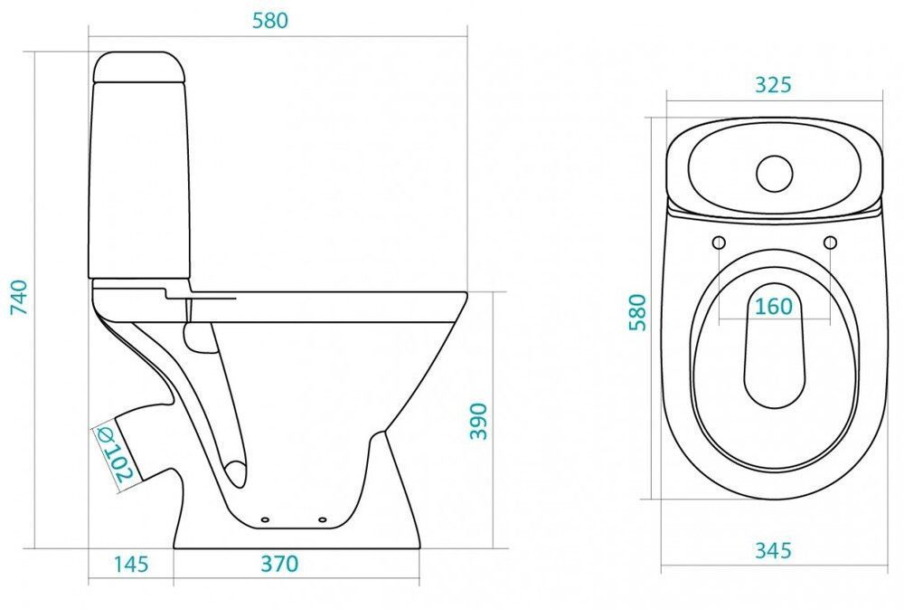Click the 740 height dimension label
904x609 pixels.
(19, 297)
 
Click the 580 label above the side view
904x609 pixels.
(269, 21)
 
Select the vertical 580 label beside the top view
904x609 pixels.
(637, 312)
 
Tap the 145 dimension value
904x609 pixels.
(131, 564)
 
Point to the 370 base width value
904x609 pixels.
(279, 564)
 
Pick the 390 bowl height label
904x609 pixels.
(478, 422)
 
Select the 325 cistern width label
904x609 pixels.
(773, 85)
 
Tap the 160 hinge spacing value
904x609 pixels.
(774, 307)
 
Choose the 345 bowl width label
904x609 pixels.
(773, 551)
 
